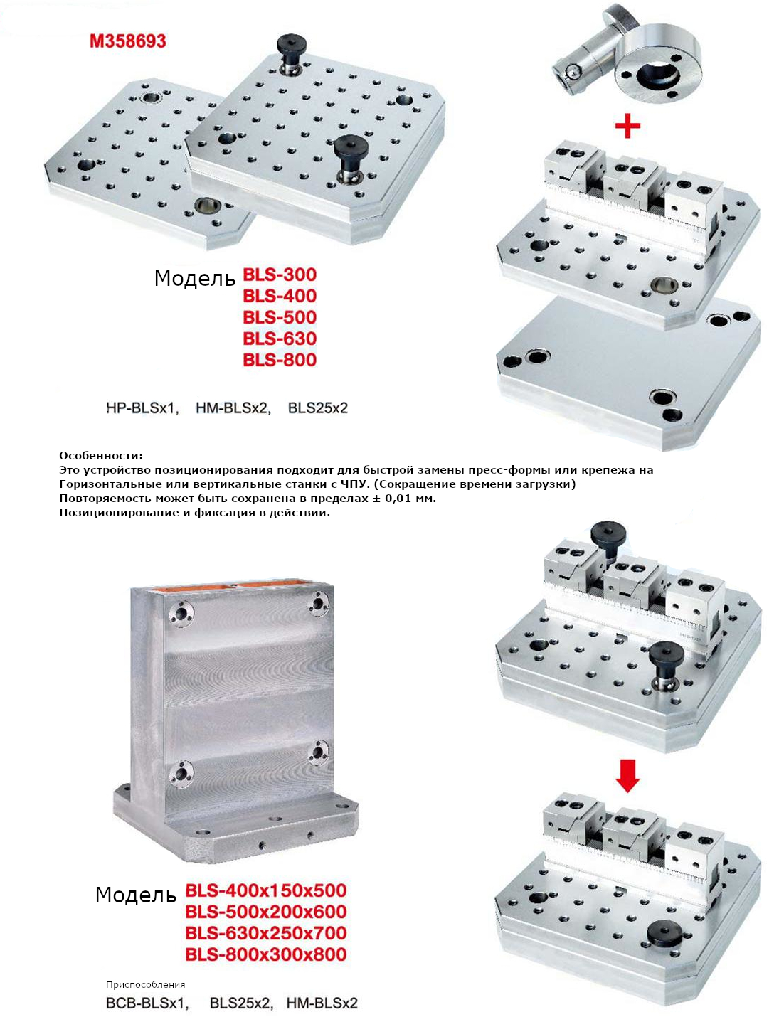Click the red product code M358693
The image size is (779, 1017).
(128, 41)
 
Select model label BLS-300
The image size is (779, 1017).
(280, 275)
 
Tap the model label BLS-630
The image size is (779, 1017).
(280, 339)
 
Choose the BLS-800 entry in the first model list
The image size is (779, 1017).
(280, 360)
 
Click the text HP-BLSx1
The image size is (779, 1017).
(143, 408)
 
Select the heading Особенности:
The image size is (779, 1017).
(100, 455)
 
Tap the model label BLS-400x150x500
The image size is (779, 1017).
(266, 890)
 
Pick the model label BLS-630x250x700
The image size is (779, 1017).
(266, 933)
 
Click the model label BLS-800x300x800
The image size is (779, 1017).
(266, 954)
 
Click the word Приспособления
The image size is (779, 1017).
(146, 985)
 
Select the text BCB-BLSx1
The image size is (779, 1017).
(147, 1003)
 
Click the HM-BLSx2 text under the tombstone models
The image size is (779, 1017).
(322, 1003)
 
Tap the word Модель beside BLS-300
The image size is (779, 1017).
(195, 279)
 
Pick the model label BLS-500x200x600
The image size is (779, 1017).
(266, 912)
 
